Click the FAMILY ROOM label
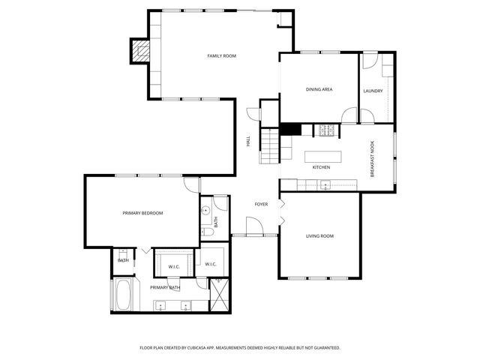pyautogui.click(x=222, y=56)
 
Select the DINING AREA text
pyautogui.click(x=319, y=90)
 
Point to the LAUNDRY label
pyautogui.click(x=373, y=91)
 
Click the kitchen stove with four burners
pyautogui.click(x=327, y=130)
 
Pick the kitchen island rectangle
pyautogui.click(x=322, y=157)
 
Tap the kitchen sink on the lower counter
pyautogui.click(x=325, y=185)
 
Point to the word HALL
pyautogui.click(x=248, y=140)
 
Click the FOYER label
pyautogui.click(x=261, y=204)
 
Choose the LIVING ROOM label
pyautogui.click(x=319, y=236)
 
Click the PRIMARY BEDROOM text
pyautogui.click(x=142, y=213)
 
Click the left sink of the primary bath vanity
pyautogui.click(x=161, y=304)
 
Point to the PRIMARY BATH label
pyautogui.click(x=164, y=287)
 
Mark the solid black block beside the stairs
pyautogui.click(x=290, y=129)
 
